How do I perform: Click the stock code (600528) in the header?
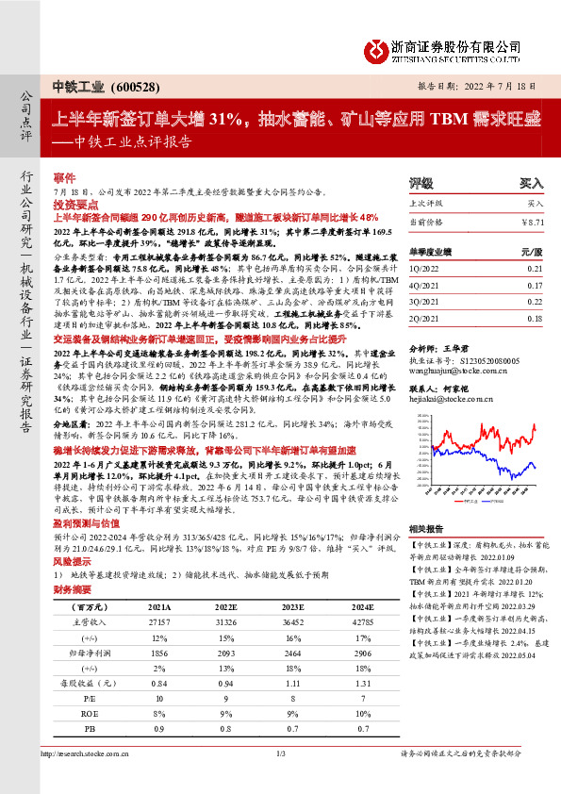[138, 87]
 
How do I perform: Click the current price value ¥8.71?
[533, 221]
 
